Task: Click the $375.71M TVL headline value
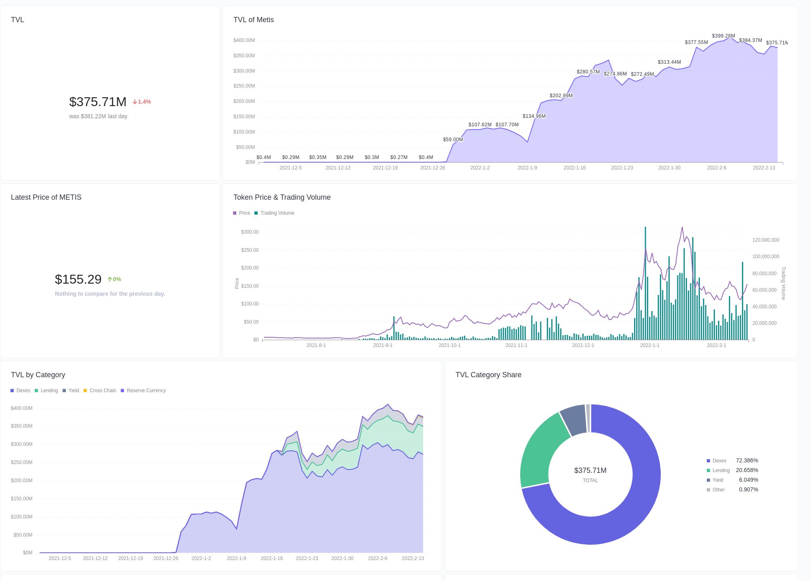pyautogui.click(x=98, y=102)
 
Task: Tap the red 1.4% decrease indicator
pyautogui.click(x=142, y=102)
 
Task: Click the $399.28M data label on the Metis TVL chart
pyautogui.click(x=723, y=36)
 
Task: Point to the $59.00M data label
pyautogui.click(x=453, y=140)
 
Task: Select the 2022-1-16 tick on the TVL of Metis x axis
pyautogui.click(x=574, y=168)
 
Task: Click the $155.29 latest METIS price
pyautogui.click(x=78, y=279)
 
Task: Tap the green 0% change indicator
pyautogui.click(x=114, y=279)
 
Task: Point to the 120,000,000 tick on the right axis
pyautogui.click(x=765, y=240)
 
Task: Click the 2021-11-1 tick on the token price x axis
pyautogui.click(x=516, y=345)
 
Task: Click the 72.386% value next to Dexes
pyautogui.click(x=747, y=460)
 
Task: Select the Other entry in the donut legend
pyautogui.click(x=718, y=490)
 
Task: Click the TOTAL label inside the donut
pyautogui.click(x=590, y=481)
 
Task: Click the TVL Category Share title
pyautogui.click(x=488, y=375)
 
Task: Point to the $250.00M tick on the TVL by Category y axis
pyautogui.click(x=22, y=462)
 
